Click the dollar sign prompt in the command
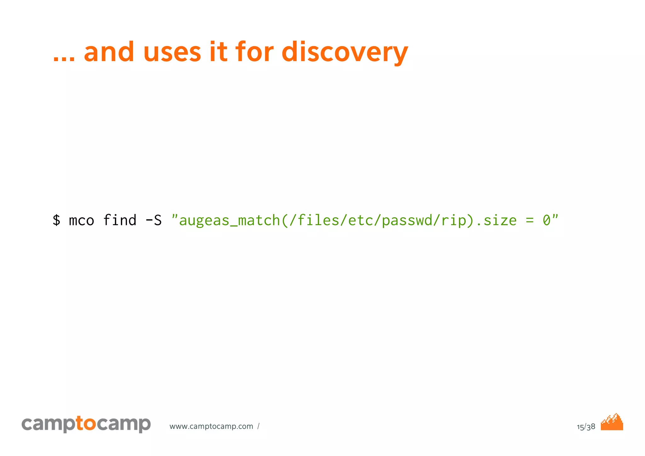pyautogui.click(x=56, y=220)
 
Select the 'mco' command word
pyautogui.click(x=81, y=220)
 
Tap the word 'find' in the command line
pyautogui.click(x=120, y=220)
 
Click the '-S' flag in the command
pyautogui.click(x=153, y=220)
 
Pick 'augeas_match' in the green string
pyautogui.click(x=229, y=220)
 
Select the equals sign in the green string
pyautogui.click(x=530, y=220)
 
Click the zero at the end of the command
pyautogui.click(x=546, y=220)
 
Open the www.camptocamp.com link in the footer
pyautogui.click(x=211, y=426)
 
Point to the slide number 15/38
pyautogui.click(x=586, y=427)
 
